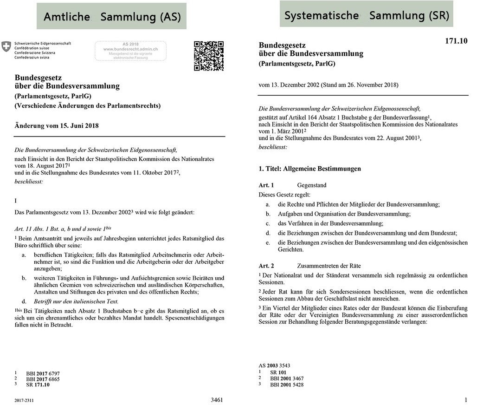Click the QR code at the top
click(208, 56)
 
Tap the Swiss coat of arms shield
click(6, 46)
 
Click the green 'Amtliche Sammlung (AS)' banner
click(112, 17)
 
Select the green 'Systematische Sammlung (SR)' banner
click(366, 15)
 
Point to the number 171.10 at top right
click(456, 41)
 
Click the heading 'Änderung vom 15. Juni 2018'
click(57, 125)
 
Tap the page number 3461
click(217, 399)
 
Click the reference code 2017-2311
click(24, 400)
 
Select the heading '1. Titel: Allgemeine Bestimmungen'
click(309, 169)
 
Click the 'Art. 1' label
click(266, 185)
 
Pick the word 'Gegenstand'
click(312, 185)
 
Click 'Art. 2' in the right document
click(266, 266)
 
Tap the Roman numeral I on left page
click(16, 200)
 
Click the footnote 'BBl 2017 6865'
click(43, 379)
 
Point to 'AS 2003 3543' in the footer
click(274, 366)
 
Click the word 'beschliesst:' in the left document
click(29, 182)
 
